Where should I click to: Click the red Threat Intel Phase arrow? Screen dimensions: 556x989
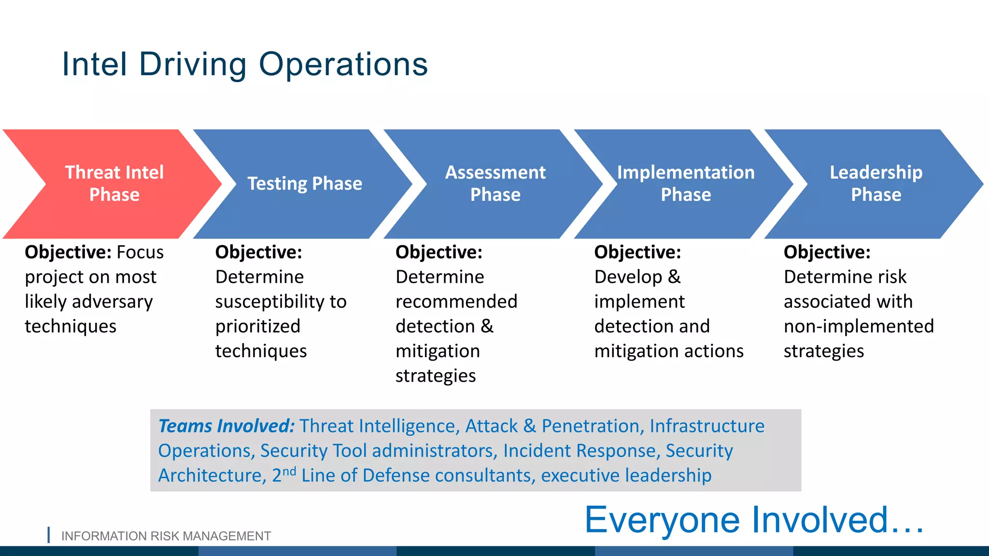114,183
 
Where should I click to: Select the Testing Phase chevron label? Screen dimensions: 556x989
305,183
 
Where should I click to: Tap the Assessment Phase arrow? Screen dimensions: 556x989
495,183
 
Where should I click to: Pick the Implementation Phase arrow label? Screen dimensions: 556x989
685,183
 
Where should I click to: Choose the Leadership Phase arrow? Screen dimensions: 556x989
876,183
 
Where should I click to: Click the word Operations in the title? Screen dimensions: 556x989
343,64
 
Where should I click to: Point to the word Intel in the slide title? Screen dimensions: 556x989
95,64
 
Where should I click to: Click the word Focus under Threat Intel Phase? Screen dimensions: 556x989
140,252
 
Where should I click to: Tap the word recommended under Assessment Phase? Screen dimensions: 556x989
456,302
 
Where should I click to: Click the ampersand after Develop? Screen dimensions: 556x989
675,277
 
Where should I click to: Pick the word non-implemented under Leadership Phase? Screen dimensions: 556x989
859,327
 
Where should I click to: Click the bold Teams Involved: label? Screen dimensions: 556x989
226,426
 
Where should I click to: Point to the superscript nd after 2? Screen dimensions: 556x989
289,471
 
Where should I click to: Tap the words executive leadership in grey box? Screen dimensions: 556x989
626,475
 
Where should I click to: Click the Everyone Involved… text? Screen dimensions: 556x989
754,520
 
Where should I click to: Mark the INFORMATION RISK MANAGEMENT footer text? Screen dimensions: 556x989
166,536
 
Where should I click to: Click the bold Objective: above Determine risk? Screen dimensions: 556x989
827,252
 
